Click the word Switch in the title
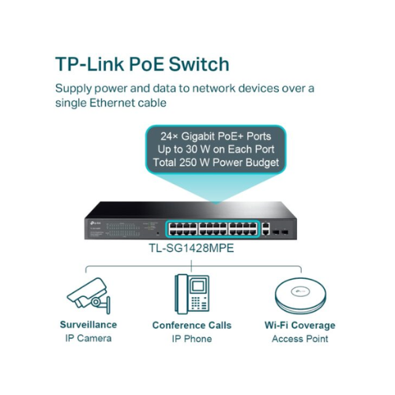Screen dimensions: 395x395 point(199,64)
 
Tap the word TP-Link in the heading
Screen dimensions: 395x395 point(89,64)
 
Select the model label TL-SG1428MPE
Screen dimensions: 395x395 point(191,248)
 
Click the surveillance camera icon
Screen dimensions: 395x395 point(88,295)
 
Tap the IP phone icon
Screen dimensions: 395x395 point(192,294)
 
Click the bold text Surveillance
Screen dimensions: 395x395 point(88,325)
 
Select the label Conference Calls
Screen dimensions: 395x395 point(192,325)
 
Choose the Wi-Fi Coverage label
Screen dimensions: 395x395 point(300,325)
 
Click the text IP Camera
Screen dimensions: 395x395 point(88,338)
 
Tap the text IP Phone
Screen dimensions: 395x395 point(192,339)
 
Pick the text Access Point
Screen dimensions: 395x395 point(300,339)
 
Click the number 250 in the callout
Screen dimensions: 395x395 point(188,162)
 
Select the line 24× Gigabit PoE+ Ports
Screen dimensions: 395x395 point(216,136)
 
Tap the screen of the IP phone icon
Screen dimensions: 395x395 point(197,286)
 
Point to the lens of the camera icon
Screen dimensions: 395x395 point(96,302)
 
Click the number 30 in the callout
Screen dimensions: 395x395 point(191,149)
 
